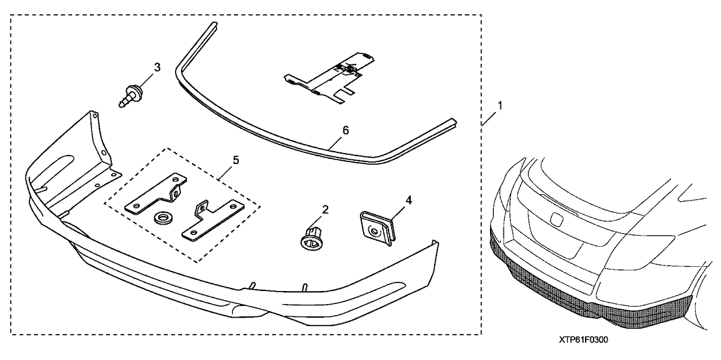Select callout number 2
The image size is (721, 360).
325,210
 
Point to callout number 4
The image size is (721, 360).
409,201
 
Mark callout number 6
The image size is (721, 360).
345,130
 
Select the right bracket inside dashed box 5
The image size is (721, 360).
211,220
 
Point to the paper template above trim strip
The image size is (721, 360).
332,77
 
